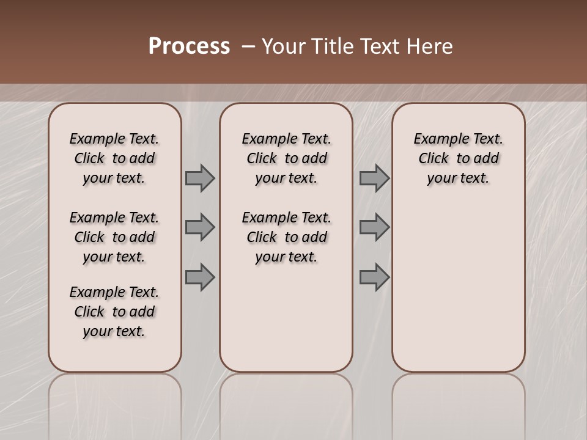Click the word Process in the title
pos(189,46)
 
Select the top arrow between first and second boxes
pos(200,178)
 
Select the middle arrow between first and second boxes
pos(200,227)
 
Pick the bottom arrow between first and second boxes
pos(200,277)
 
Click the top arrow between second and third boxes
pos(374,178)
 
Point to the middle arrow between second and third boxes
pos(374,227)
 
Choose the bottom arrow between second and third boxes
pos(374,277)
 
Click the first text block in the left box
pos(114,158)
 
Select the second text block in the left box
pos(114,237)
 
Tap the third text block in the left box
pos(114,312)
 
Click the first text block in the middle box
pos(286,158)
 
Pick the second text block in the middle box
pos(286,237)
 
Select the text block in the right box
pos(458,158)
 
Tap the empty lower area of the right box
pos(458,287)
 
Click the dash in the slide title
pos(247,46)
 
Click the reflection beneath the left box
pos(115,403)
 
